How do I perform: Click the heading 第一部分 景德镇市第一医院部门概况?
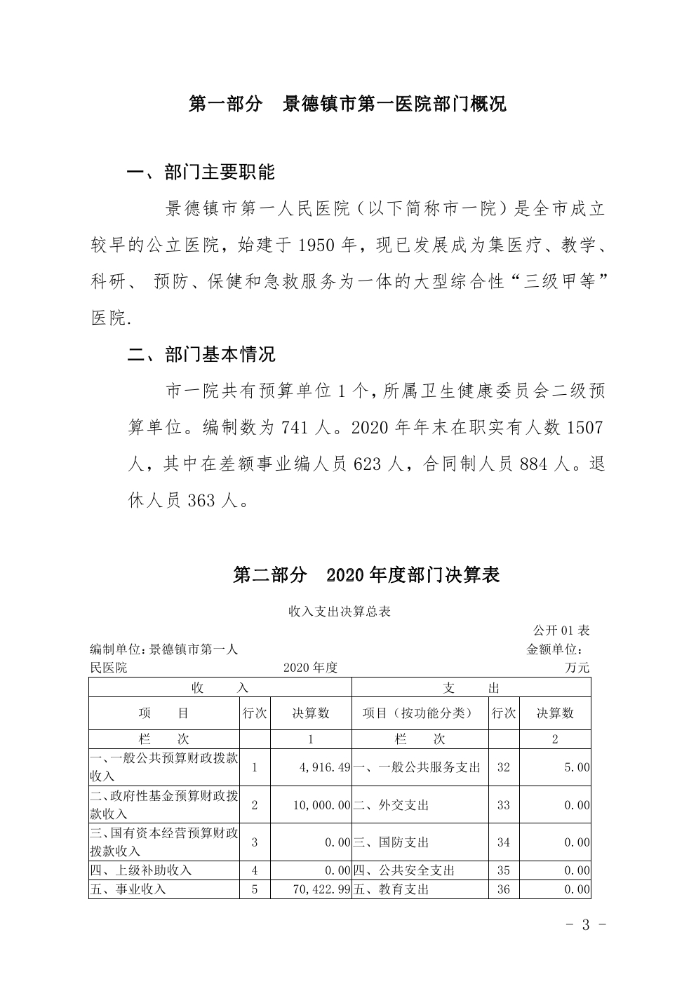pos(347,105)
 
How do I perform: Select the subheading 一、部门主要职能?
pos(201,172)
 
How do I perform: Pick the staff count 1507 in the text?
pos(584,427)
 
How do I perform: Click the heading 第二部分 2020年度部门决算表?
pos(366,575)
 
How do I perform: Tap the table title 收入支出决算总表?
pos(339,612)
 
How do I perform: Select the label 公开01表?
pos(561,630)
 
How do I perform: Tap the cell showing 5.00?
pos(577,768)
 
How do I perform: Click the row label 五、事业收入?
pos(128,889)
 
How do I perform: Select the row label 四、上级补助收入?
pos(141,870)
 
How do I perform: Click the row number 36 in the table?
pos(503,889)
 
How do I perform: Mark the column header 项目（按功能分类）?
pos(417,713)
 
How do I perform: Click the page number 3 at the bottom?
pos(585,924)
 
